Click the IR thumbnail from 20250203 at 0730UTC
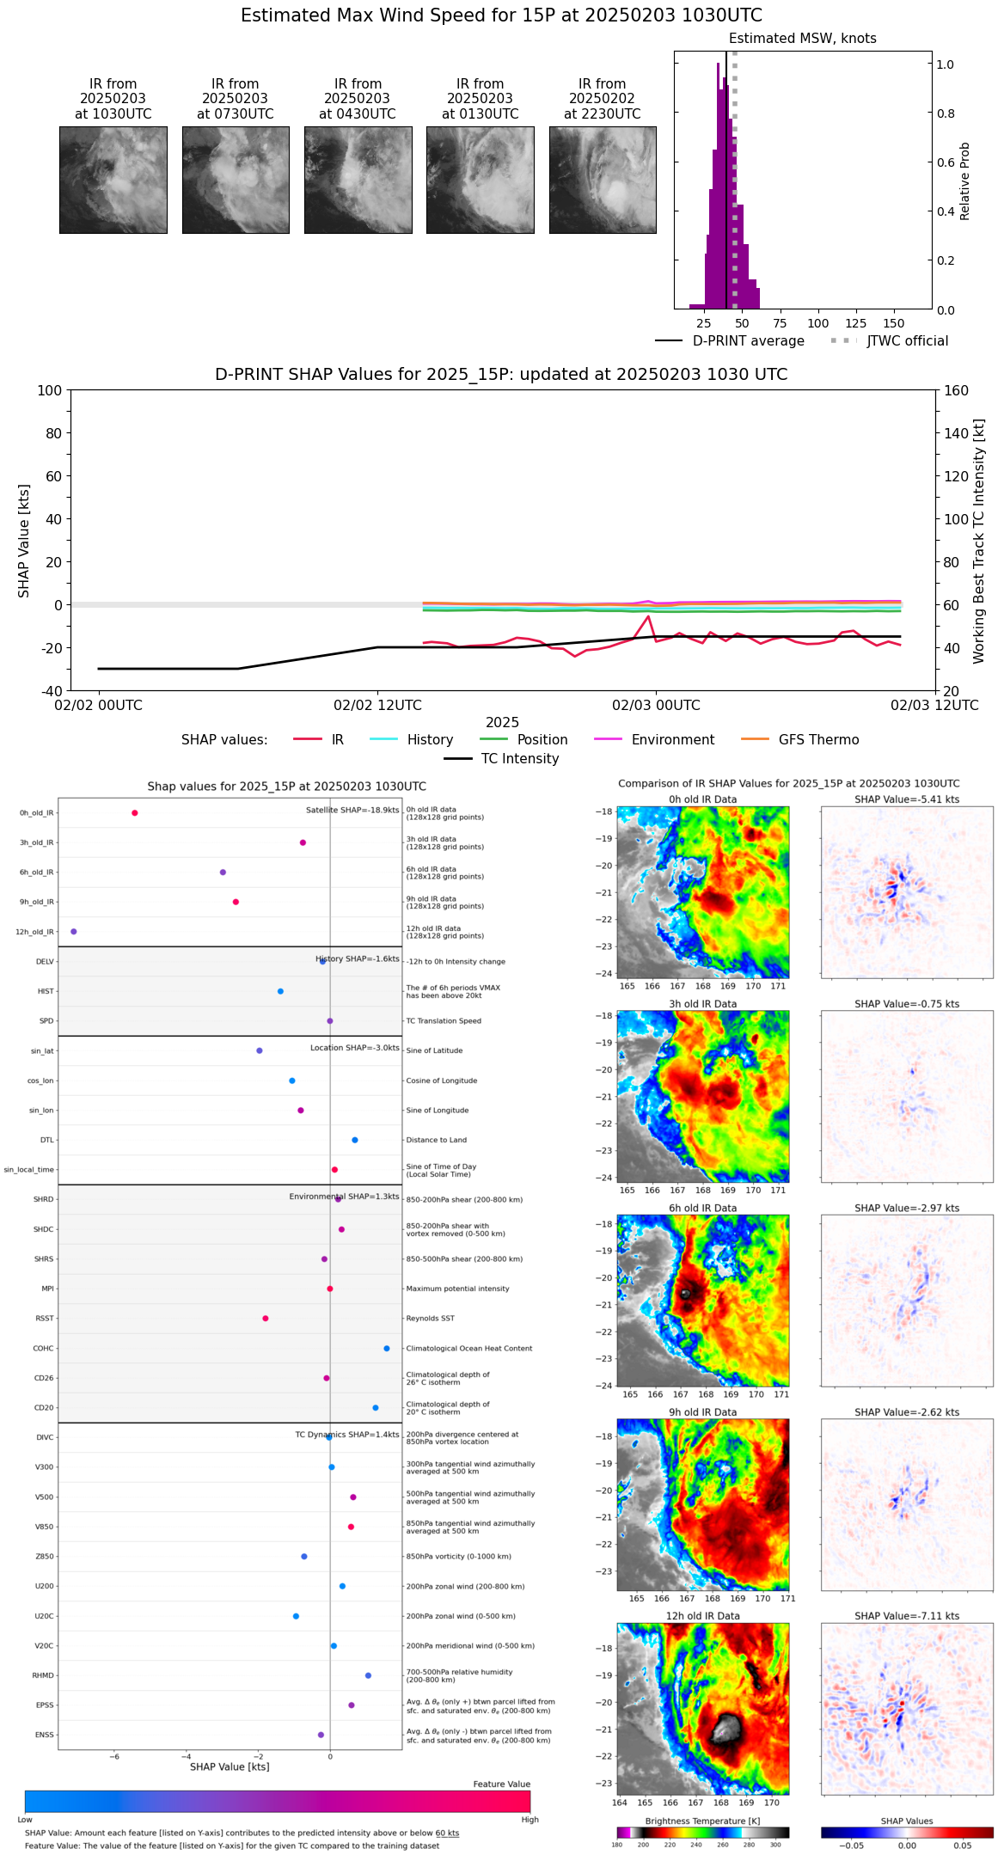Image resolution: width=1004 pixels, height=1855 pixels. tap(236, 180)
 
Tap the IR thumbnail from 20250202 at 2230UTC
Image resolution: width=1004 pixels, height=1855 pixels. tap(603, 180)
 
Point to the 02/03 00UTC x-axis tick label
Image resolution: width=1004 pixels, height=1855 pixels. tap(656, 706)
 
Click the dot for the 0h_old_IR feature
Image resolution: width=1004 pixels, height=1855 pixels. tap(135, 813)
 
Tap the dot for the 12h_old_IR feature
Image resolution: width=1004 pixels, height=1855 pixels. tap(74, 932)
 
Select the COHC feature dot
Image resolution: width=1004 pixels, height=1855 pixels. tap(387, 1349)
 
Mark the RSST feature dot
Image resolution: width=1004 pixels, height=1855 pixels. tap(266, 1319)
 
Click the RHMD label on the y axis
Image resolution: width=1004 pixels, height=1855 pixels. tap(43, 1675)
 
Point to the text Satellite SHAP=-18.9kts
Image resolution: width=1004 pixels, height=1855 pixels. tap(352, 811)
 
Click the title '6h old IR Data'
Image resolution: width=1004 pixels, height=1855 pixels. tap(702, 1208)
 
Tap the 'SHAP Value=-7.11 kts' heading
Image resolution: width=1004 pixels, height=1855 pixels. tap(907, 1616)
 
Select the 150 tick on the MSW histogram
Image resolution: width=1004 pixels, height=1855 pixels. tap(894, 323)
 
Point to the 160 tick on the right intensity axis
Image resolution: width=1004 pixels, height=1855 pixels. tap(957, 391)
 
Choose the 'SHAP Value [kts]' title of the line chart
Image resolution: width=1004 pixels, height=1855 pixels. tap(24, 541)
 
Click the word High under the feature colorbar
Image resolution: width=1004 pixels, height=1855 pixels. tap(530, 1820)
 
